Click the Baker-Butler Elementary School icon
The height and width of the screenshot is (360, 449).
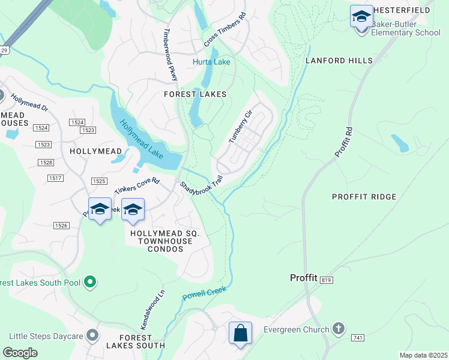point(361,17)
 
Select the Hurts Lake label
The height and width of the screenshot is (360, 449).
point(211,62)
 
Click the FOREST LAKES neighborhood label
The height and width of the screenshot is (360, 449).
point(196,94)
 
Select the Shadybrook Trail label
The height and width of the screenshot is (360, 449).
point(202,188)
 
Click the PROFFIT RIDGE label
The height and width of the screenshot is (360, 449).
point(364,197)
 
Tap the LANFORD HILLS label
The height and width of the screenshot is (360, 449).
point(339,61)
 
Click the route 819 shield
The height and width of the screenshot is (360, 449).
point(326,280)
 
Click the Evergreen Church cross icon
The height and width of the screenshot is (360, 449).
point(339,329)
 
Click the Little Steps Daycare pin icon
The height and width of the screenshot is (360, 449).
point(92,335)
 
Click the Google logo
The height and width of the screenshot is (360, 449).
point(20,352)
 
